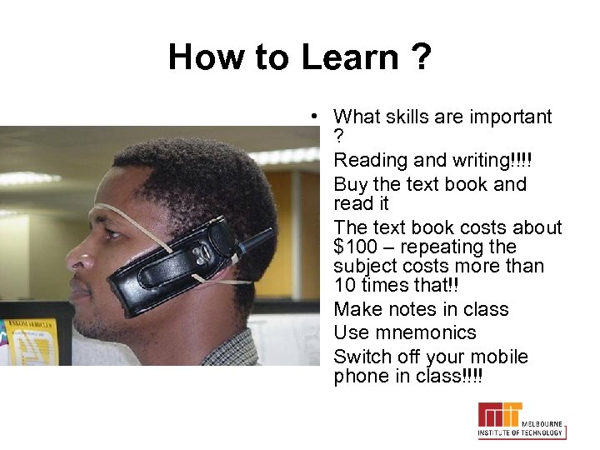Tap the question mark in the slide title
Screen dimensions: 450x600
pyautogui.click(x=419, y=57)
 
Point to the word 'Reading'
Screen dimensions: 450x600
pyautogui.click(x=367, y=160)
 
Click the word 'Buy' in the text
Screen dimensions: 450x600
pyautogui.click(x=350, y=184)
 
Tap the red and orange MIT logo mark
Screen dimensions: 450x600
pyautogui.click(x=499, y=414)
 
